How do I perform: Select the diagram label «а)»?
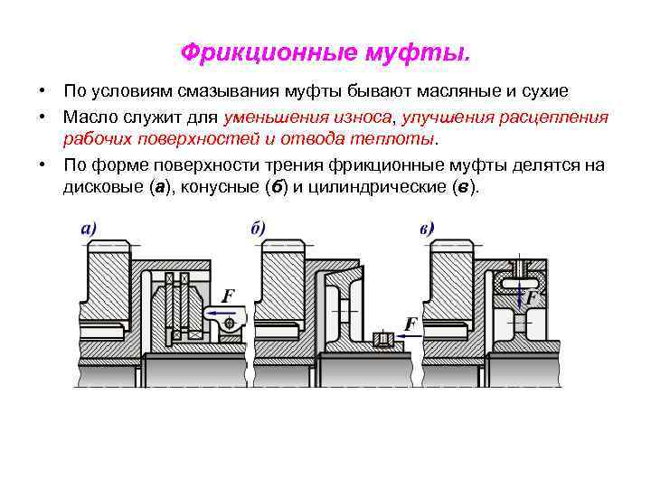[89, 229]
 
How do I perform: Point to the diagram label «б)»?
[258, 229]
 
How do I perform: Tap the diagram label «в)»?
[427, 229]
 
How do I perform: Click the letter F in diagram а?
[228, 296]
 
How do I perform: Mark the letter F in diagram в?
[532, 296]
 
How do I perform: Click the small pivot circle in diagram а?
[231, 323]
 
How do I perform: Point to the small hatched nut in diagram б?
[383, 340]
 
